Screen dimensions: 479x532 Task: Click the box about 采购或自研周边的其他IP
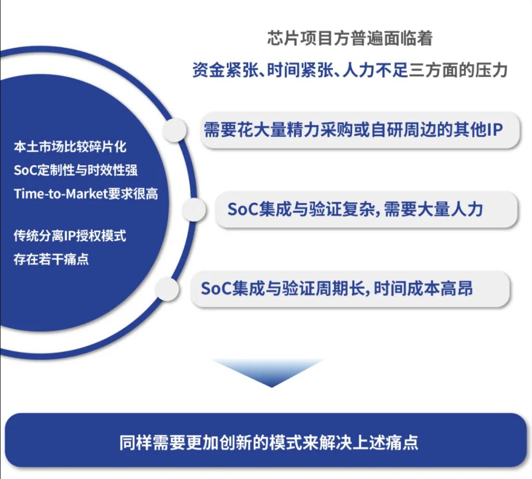360,129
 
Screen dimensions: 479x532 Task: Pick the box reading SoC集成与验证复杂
367,209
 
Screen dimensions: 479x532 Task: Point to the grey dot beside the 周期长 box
167,288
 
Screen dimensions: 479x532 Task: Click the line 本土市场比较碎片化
70,147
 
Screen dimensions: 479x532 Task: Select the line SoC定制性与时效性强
75,170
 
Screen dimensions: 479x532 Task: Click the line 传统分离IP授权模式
70,236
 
